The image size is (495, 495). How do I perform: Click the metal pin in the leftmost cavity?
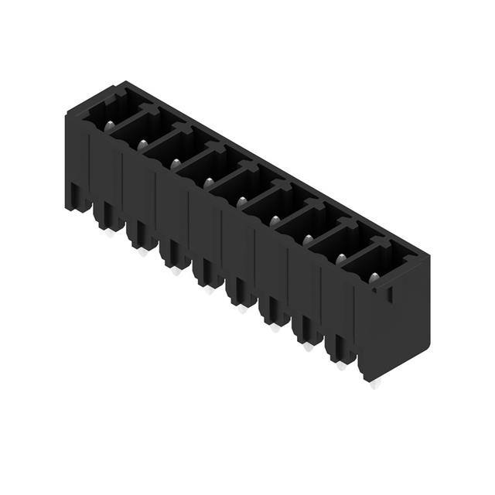pyautogui.click(x=110, y=126)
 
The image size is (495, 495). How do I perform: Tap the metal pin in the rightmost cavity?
pyautogui.click(x=374, y=277)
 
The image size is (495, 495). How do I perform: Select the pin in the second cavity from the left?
pyautogui.click(x=142, y=145)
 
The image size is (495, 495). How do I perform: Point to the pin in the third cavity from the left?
pyautogui.click(x=176, y=163)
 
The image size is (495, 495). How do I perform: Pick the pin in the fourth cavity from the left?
pyautogui.click(x=209, y=183)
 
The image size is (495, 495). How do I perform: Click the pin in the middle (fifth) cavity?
pyautogui.click(x=241, y=201)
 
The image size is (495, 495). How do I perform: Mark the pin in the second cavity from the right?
pyautogui.click(x=341, y=258)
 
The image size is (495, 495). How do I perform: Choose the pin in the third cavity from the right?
pyautogui.click(x=308, y=239)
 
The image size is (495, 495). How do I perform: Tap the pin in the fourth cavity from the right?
pyautogui.click(x=275, y=220)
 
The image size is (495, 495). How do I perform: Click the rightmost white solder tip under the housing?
pyautogui.click(x=375, y=384)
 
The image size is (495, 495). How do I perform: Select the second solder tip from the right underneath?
pyautogui.click(x=341, y=365)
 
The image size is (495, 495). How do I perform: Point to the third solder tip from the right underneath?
pyautogui.click(x=308, y=346)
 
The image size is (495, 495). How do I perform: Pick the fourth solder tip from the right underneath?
pyautogui.click(x=275, y=327)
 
